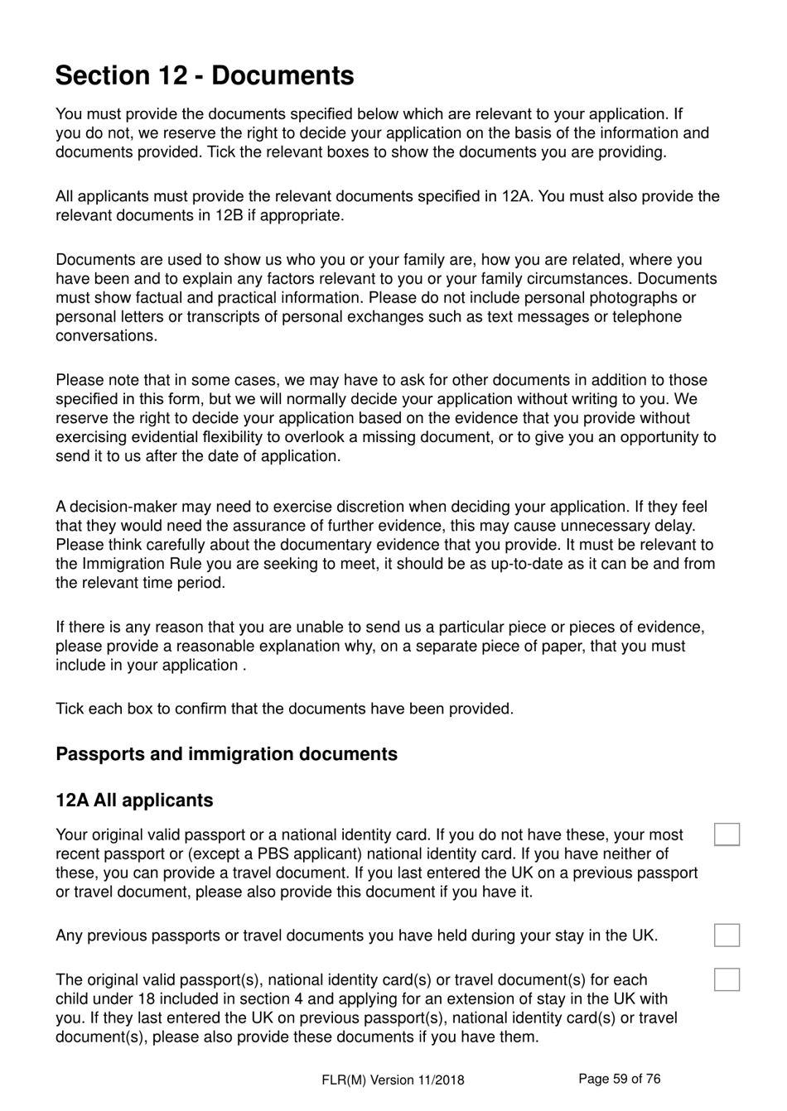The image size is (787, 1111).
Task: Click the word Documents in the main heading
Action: coord(282,75)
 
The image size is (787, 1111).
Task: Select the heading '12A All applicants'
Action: coord(134,801)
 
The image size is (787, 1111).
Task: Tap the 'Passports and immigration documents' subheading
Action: coord(226,754)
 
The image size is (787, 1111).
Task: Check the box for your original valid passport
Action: coord(727,834)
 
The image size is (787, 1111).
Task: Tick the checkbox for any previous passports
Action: coord(727,935)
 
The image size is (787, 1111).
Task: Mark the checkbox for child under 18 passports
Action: coord(727,979)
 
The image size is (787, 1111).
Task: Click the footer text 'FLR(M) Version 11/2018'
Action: coord(393,1080)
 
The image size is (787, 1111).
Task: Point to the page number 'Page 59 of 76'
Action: coord(620,1079)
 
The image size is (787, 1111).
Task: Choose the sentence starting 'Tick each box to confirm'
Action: coord(284,709)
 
